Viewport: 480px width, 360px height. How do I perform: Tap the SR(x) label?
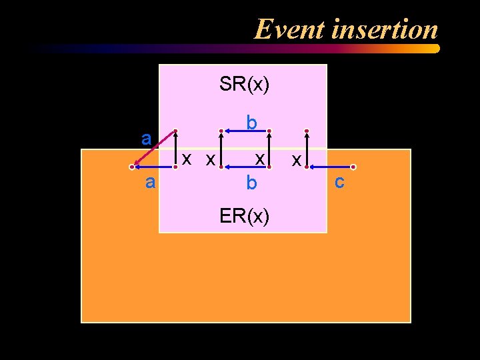(x=244, y=85)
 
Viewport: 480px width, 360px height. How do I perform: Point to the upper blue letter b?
(x=251, y=123)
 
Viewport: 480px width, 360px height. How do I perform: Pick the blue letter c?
(x=339, y=181)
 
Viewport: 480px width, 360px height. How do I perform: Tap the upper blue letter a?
(x=146, y=138)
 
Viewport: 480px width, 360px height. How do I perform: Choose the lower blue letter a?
(x=151, y=182)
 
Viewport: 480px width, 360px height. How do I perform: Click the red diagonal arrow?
(x=154, y=148)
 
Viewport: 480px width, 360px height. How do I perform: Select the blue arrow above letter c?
(x=329, y=167)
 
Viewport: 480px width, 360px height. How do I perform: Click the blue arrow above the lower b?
(x=244, y=167)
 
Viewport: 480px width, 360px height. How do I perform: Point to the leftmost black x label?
(x=188, y=159)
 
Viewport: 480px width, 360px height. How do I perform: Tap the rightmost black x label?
(x=296, y=160)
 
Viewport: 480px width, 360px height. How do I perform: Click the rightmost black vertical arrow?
(x=306, y=149)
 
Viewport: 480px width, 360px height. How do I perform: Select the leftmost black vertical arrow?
(x=175, y=149)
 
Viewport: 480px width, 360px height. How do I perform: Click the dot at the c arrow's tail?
(x=354, y=167)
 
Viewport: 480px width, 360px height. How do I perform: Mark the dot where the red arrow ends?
(x=132, y=167)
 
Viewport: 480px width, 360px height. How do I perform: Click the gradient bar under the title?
(x=233, y=49)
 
